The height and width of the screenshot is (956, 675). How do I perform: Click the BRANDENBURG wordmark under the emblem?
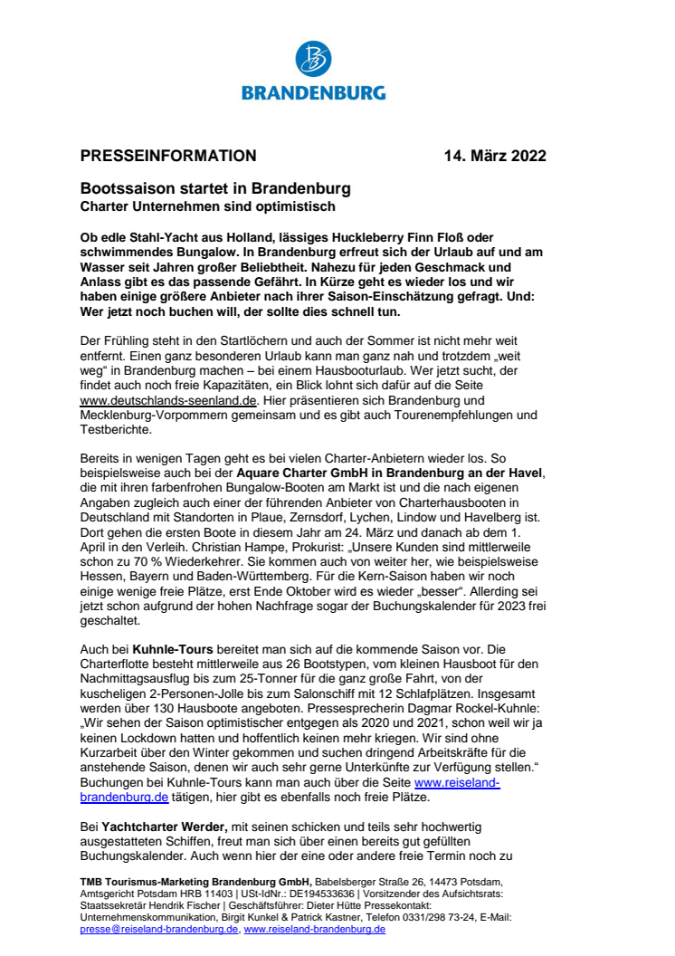pyautogui.click(x=313, y=92)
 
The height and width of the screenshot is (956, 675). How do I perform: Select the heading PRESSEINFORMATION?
pyautogui.click(x=168, y=156)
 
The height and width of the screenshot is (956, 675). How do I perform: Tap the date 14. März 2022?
pyautogui.click(x=495, y=156)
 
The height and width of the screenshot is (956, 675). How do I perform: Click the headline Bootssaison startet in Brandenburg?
pyautogui.click(x=215, y=190)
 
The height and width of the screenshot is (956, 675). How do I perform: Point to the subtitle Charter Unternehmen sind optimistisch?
pyautogui.click(x=195, y=207)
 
